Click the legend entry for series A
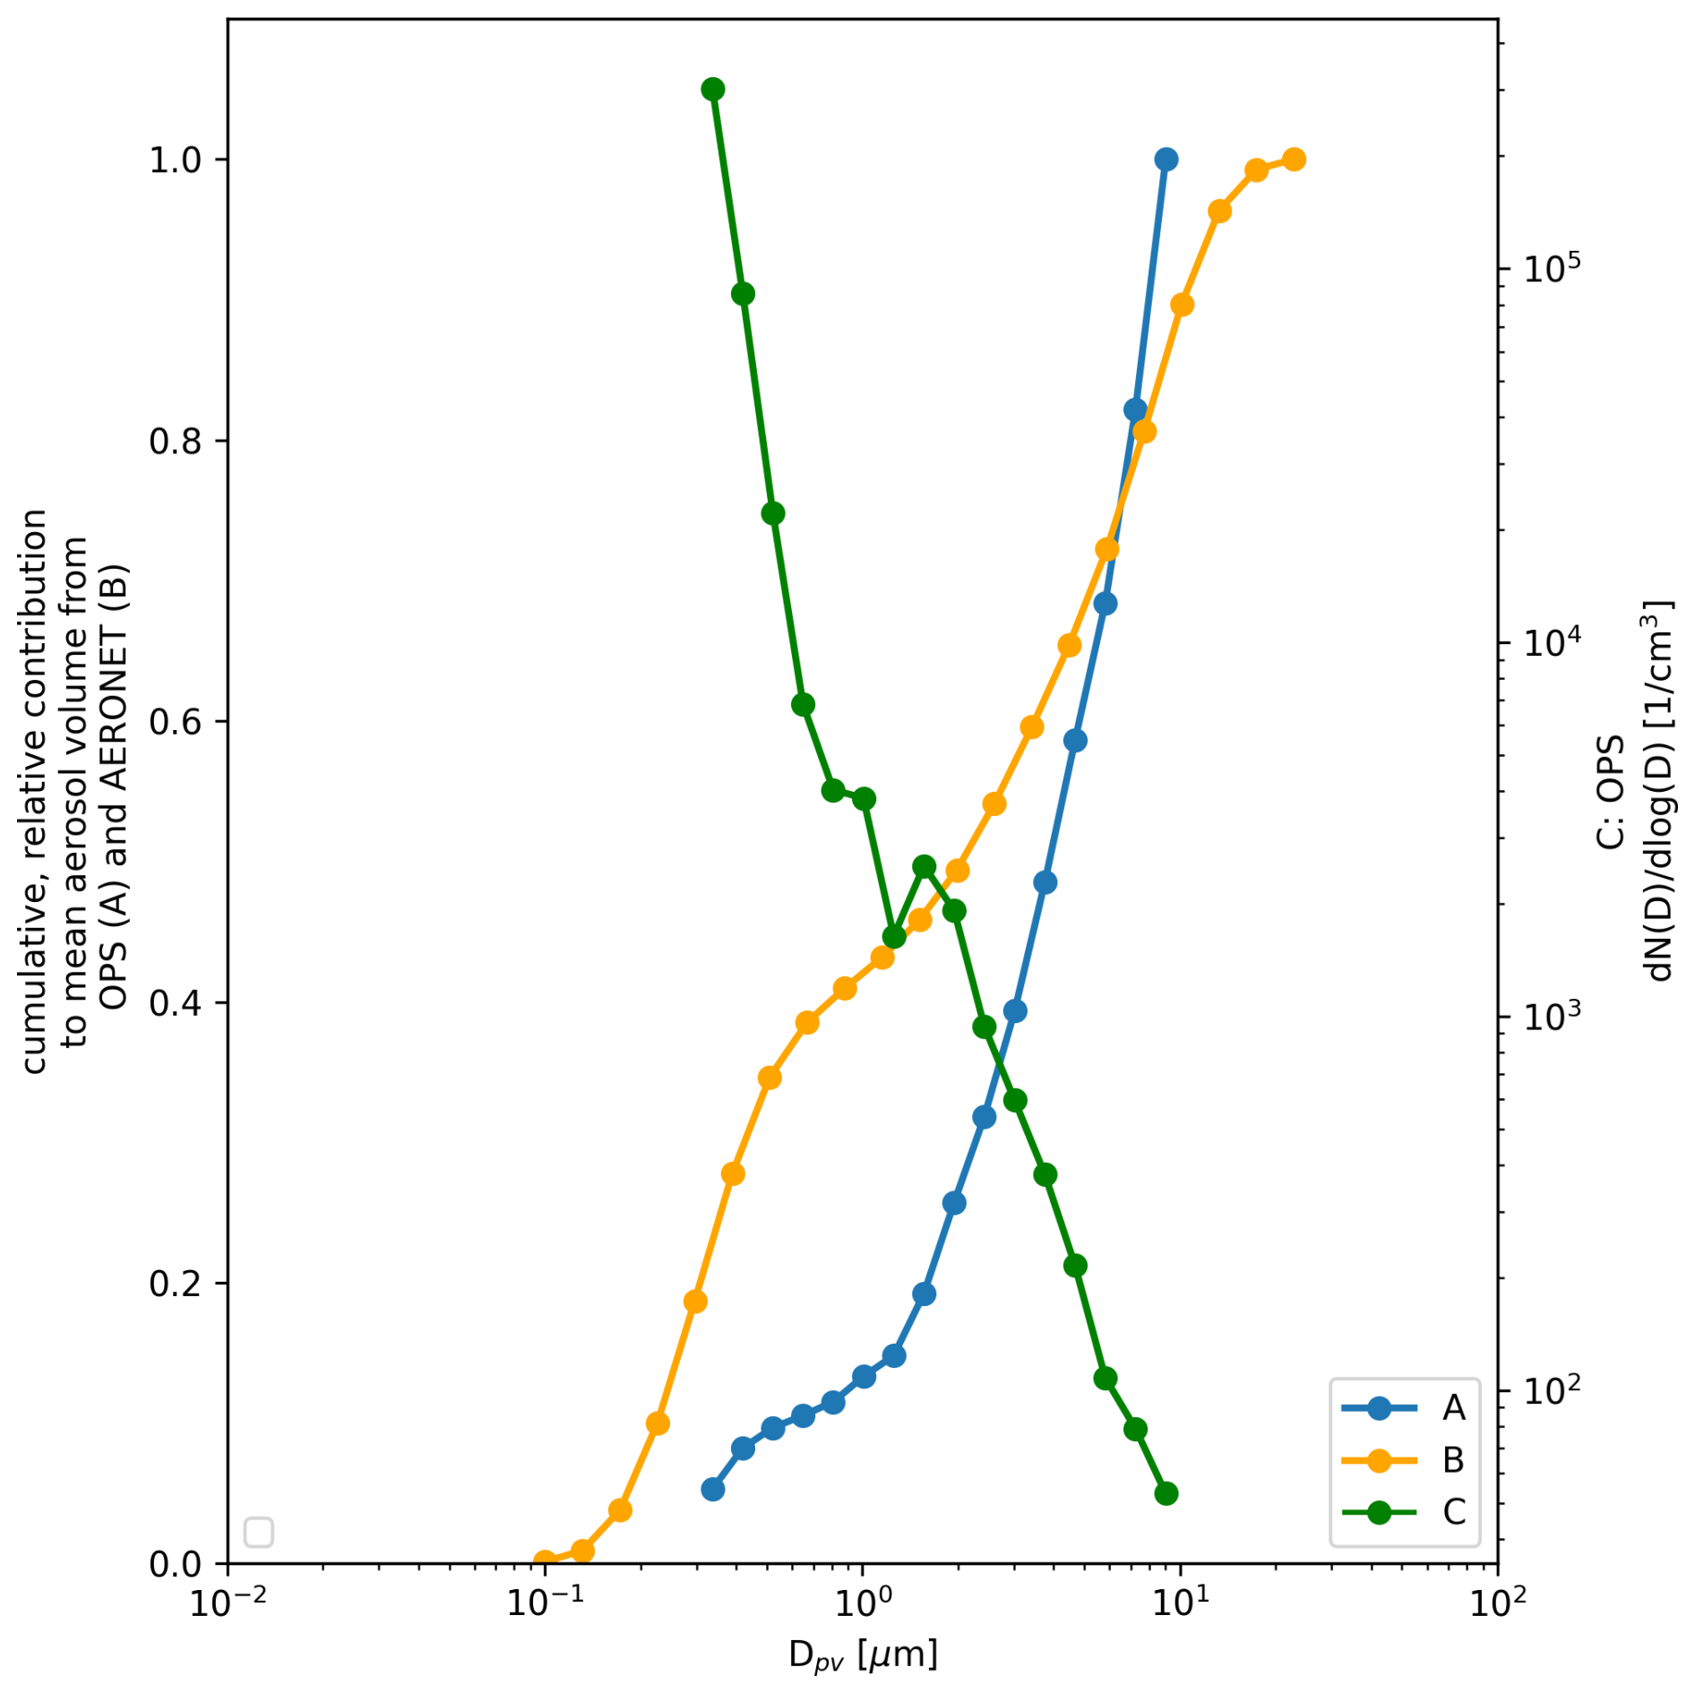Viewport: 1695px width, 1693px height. [x=1402, y=1408]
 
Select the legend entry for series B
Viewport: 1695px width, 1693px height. [x=1402, y=1460]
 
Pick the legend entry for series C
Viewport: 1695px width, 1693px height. [x=1402, y=1512]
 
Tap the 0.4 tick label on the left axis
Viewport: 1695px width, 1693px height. [x=176, y=1002]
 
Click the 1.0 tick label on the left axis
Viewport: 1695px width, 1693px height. [x=176, y=160]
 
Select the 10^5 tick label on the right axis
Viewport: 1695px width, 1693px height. [x=1539, y=265]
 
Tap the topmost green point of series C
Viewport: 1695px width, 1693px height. [x=713, y=89]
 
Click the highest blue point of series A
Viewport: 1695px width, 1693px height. [x=1166, y=159]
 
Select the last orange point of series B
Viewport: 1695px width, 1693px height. [x=1294, y=159]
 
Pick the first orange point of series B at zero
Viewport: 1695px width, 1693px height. [x=544, y=1561]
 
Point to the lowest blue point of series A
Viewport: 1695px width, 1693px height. [x=713, y=1489]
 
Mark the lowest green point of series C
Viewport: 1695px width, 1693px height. [x=1166, y=1493]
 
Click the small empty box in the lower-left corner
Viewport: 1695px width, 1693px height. [x=259, y=1532]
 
